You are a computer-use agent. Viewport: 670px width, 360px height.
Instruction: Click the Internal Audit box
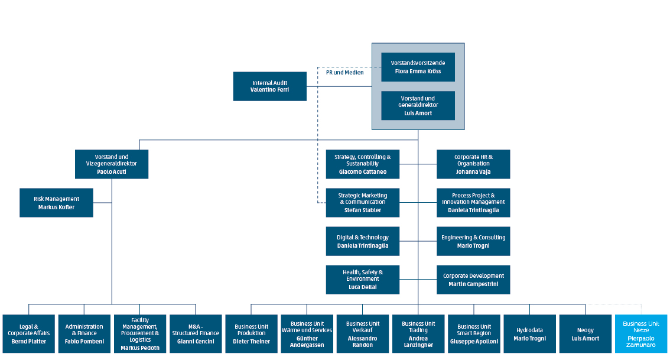click(x=269, y=86)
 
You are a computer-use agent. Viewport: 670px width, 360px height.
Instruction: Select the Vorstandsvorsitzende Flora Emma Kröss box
click(x=418, y=67)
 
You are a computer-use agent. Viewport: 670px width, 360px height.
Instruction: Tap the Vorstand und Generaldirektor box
click(x=418, y=105)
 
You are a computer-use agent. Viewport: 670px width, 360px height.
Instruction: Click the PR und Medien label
click(x=344, y=72)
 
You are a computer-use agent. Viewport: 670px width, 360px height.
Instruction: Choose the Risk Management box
click(x=56, y=203)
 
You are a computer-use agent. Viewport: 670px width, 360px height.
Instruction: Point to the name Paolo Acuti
click(x=112, y=171)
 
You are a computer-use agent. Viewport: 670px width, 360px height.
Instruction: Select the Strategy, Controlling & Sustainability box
click(x=362, y=164)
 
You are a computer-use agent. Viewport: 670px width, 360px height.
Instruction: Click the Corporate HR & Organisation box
click(x=473, y=164)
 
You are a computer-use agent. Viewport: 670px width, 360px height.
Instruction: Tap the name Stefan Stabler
click(x=362, y=210)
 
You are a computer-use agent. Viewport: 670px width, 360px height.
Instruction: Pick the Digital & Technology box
click(x=362, y=241)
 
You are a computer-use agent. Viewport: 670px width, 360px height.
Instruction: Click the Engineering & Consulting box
click(x=473, y=241)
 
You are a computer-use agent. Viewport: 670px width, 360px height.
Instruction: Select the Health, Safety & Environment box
click(x=362, y=279)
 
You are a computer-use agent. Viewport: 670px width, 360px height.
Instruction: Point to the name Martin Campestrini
click(x=473, y=284)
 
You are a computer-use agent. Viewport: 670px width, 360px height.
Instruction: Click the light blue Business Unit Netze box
click(x=640, y=333)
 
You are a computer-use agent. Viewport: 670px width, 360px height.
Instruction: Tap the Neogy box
click(x=585, y=333)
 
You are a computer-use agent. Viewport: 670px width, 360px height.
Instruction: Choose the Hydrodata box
click(x=529, y=333)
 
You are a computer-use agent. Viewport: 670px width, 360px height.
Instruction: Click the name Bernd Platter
click(x=28, y=341)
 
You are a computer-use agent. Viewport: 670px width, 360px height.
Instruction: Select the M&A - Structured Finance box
click(x=196, y=333)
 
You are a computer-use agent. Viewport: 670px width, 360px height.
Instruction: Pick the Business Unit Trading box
click(x=418, y=333)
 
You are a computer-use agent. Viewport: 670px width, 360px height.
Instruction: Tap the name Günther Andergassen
click(x=307, y=342)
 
